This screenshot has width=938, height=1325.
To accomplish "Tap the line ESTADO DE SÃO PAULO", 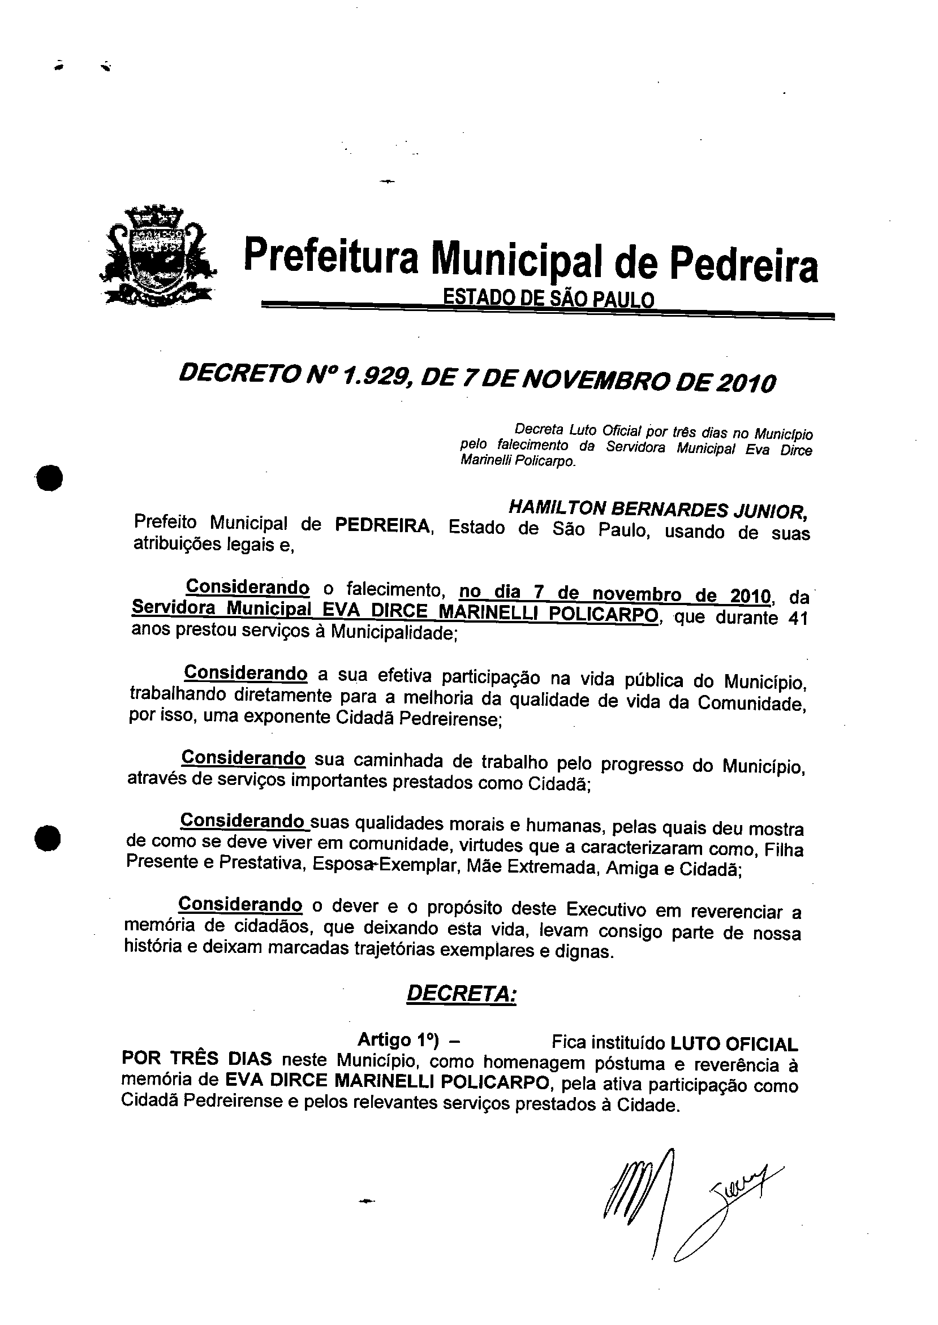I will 548,299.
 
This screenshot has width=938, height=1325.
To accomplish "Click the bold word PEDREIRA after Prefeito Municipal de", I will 382,526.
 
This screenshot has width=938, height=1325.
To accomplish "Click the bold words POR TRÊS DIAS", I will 196,1059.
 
